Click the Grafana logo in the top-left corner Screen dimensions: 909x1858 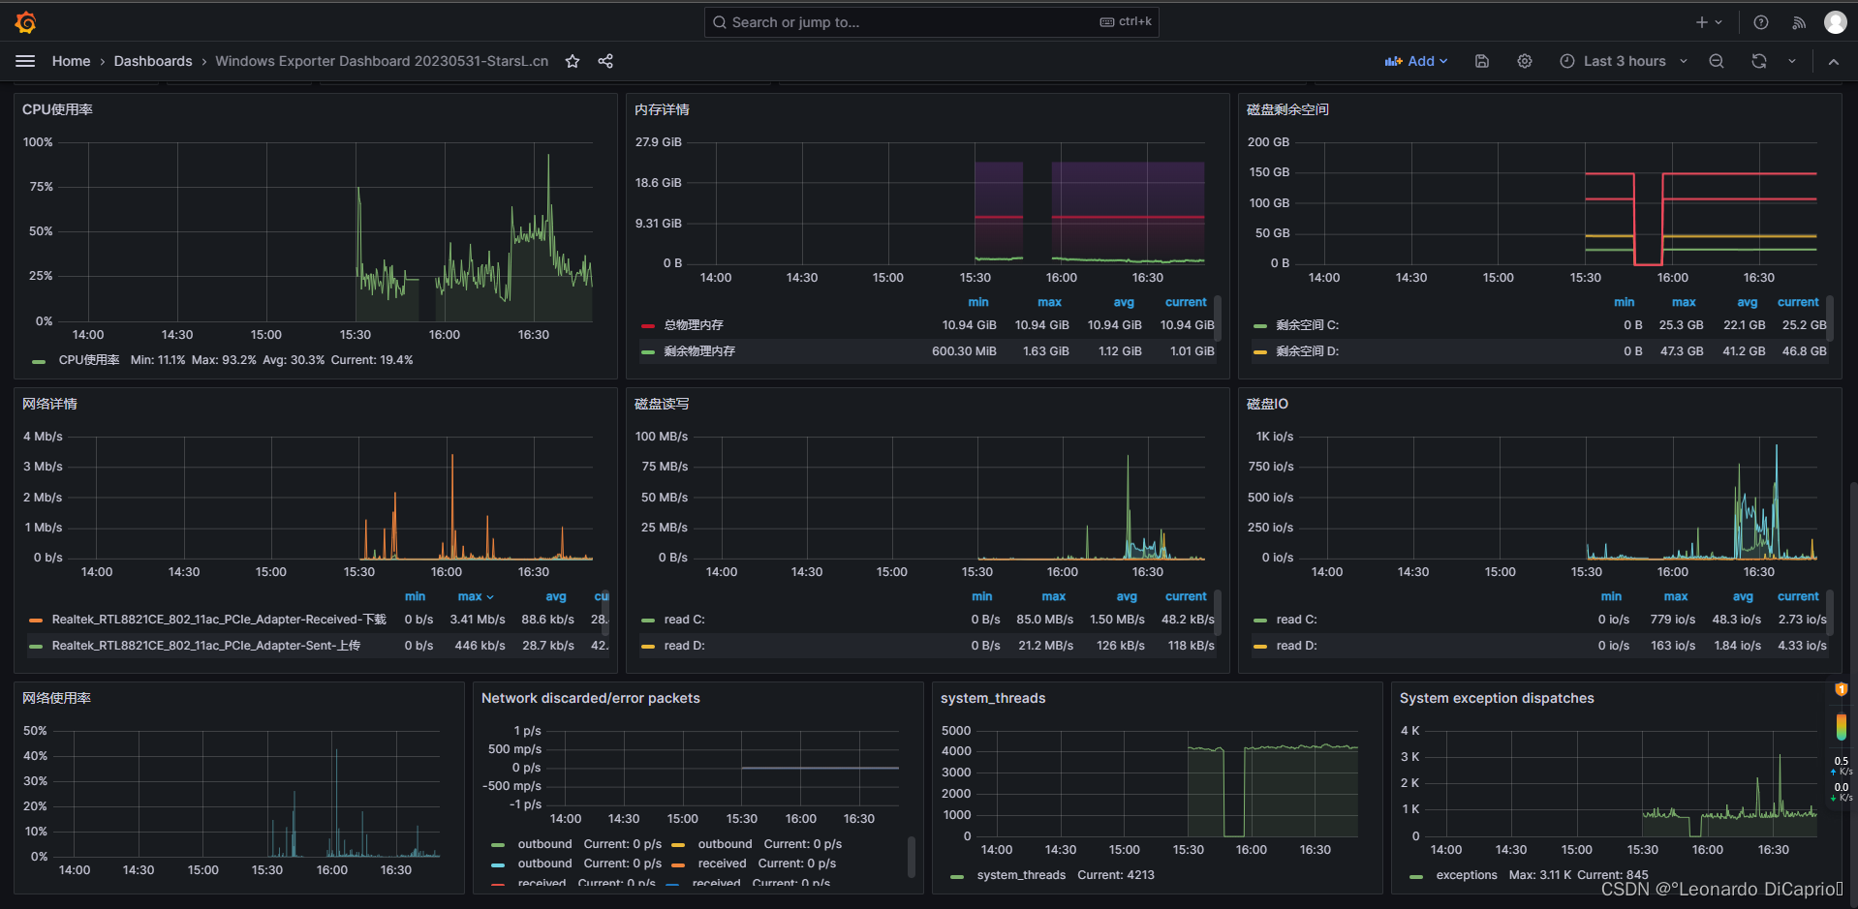coord(26,22)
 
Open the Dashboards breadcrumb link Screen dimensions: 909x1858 coord(153,61)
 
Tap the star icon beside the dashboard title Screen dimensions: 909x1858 coord(573,61)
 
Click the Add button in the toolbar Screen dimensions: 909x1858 coord(1415,61)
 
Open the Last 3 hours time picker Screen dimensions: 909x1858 coord(1624,61)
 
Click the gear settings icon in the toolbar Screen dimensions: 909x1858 coord(1524,61)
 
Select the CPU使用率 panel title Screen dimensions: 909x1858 coord(57,109)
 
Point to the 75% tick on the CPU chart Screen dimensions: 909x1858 coord(41,187)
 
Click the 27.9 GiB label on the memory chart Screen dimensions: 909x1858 coord(658,142)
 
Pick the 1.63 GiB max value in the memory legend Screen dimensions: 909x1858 coord(1045,351)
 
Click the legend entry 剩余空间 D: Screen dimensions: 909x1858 coord(1307,351)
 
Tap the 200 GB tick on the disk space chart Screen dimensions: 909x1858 coord(1268,142)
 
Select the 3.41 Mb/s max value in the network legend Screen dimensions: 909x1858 coord(477,620)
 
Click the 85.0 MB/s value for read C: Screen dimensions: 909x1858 coord(1044,620)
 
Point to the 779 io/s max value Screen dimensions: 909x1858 coord(1672,620)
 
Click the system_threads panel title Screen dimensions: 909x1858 coord(993,698)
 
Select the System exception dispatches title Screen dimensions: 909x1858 coord(1496,698)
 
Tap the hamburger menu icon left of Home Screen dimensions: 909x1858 coord(25,61)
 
